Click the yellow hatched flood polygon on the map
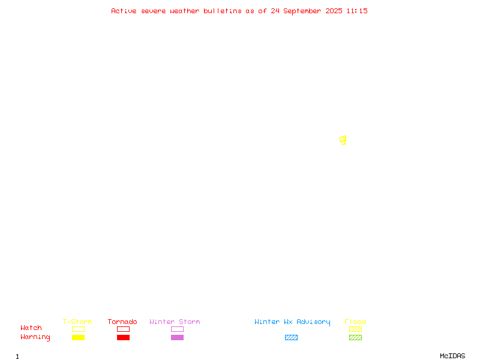tap(343, 140)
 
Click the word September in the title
tap(302, 11)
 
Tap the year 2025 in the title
tap(334, 11)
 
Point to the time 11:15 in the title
tap(357, 11)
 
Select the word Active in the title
tap(124, 11)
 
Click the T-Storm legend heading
tap(77, 322)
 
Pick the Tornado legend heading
tap(122, 322)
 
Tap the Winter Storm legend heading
tap(175, 322)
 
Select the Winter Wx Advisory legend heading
tap(292, 322)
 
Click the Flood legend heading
tap(355, 322)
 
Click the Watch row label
tap(31, 328)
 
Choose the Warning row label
tap(35, 337)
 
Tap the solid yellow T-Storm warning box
tap(79, 337)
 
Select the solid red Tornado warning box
tap(124, 337)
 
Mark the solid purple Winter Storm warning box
tap(177, 337)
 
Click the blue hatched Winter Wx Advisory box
tap(291, 337)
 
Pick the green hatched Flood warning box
tap(355, 337)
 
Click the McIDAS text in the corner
tap(452, 356)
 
